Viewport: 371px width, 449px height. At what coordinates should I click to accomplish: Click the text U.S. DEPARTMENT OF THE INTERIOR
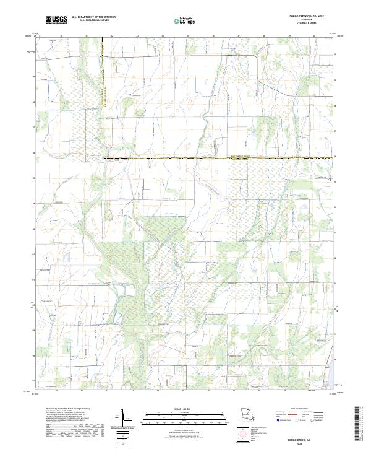click(x=94, y=18)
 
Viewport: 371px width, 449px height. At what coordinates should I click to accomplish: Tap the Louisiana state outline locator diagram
click(x=247, y=414)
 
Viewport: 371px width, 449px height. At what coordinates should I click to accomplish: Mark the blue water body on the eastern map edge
click(x=333, y=372)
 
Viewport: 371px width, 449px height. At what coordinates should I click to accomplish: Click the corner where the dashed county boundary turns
click(x=103, y=159)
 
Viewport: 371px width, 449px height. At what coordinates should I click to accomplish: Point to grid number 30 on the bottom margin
click(x=56, y=391)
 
